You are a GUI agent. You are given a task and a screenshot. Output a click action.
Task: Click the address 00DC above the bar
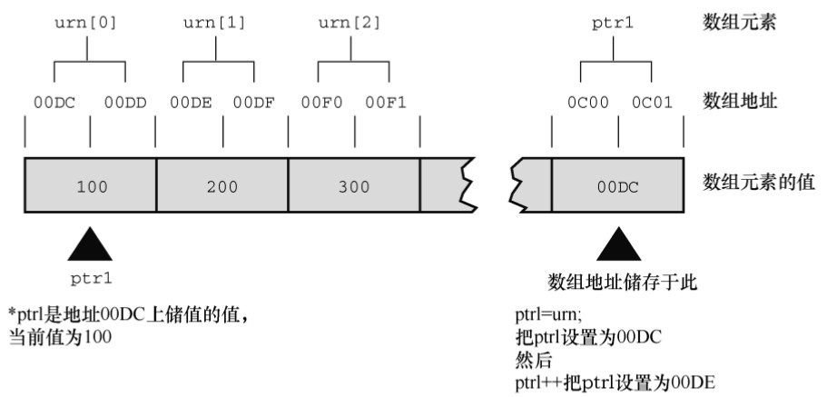point(54,104)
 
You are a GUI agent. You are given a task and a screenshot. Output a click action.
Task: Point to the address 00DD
point(124,104)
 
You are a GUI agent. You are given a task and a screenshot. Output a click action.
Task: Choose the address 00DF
point(254,104)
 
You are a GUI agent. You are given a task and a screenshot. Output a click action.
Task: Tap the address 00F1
point(387,104)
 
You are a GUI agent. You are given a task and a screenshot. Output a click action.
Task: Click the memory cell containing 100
point(91,186)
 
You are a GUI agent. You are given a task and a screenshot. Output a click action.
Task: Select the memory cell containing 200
point(222,186)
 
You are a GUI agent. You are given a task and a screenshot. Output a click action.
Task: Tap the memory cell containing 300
point(353,186)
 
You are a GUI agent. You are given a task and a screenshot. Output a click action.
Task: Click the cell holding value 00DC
point(617,186)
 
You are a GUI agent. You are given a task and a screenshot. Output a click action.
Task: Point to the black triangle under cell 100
point(90,244)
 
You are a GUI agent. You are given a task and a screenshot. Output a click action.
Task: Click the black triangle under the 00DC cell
point(619,244)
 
